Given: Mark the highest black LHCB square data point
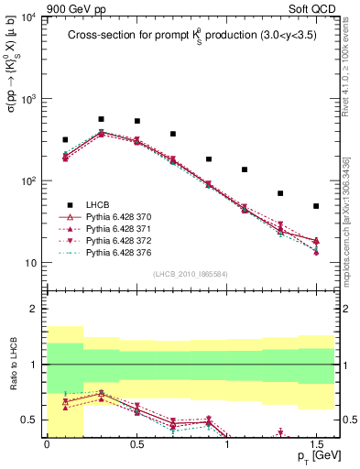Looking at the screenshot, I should (x=101, y=119).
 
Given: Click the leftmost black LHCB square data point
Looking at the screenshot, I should (x=65, y=140).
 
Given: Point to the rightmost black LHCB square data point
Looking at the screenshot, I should (x=316, y=206).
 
